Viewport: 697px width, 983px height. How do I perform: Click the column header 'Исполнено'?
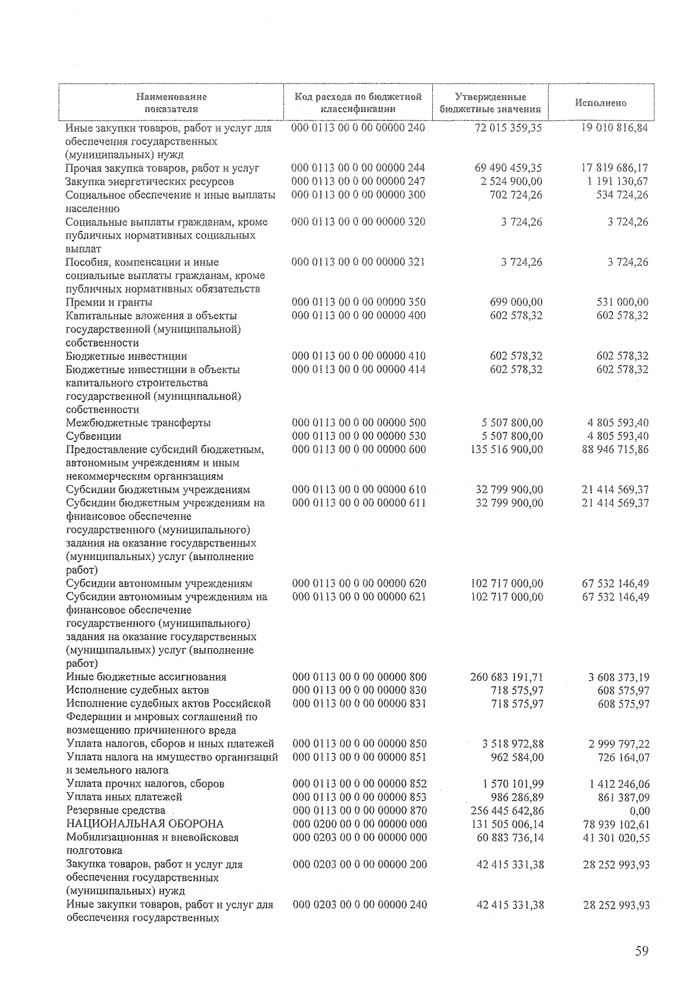coord(601,103)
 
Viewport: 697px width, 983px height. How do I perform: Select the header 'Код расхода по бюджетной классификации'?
coord(358,103)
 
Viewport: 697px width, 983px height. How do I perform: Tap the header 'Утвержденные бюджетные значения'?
coord(490,103)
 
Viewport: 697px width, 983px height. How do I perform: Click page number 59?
coord(641,951)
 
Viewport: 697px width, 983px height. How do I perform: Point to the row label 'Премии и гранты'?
coord(109,302)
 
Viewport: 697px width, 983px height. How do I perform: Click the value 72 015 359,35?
coord(508,128)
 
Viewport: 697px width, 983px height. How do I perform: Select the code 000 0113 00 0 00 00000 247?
coord(358,182)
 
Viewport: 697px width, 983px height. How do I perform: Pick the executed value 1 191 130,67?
coord(615,182)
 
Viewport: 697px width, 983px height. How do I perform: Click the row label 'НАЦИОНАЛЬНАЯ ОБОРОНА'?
coord(145,824)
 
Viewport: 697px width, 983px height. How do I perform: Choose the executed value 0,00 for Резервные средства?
coord(639,811)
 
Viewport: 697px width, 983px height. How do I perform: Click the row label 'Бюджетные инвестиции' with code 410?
coord(126,356)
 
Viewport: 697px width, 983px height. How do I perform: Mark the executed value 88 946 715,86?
coord(615,450)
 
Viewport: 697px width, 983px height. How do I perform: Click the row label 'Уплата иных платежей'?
coord(124,797)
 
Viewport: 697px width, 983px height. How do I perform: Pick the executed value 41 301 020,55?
coord(616,838)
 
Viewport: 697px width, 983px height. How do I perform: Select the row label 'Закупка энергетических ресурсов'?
coord(150,182)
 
